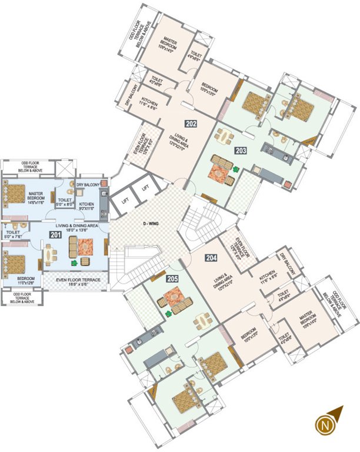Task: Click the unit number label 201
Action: (55, 235)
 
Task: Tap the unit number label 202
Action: (191, 124)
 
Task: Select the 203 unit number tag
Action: (240, 150)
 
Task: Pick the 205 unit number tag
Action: (172, 278)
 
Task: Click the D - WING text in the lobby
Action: (153, 222)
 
